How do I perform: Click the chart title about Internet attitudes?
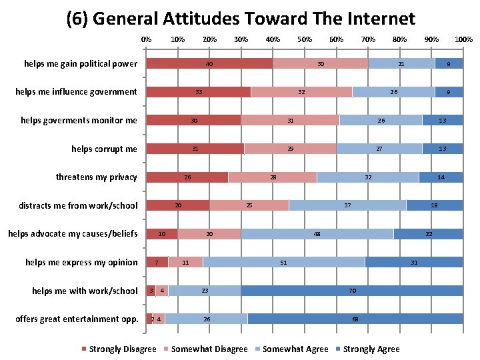click(x=241, y=18)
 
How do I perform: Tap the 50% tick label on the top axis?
click(x=305, y=39)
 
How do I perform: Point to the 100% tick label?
click(x=463, y=39)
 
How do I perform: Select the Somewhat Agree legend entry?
click(x=295, y=349)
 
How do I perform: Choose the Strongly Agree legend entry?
click(x=371, y=349)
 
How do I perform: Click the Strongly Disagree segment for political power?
click(x=209, y=64)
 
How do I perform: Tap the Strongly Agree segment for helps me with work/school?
click(x=352, y=291)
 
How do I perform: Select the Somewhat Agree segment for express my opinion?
click(x=284, y=263)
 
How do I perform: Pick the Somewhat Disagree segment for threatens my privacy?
click(x=272, y=177)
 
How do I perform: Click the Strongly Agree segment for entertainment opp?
click(x=355, y=319)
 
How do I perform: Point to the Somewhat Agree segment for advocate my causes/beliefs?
click(x=317, y=234)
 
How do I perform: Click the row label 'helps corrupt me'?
click(x=104, y=149)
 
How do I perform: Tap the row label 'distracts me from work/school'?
click(x=78, y=205)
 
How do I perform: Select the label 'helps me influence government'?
click(x=76, y=92)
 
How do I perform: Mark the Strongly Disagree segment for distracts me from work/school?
click(x=178, y=205)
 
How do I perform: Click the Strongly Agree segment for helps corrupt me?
click(x=443, y=149)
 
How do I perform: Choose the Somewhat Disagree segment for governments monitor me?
click(x=290, y=121)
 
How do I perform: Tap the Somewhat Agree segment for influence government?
click(x=393, y=92)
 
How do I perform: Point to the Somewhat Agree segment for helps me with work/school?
click(x=205, y=291)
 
